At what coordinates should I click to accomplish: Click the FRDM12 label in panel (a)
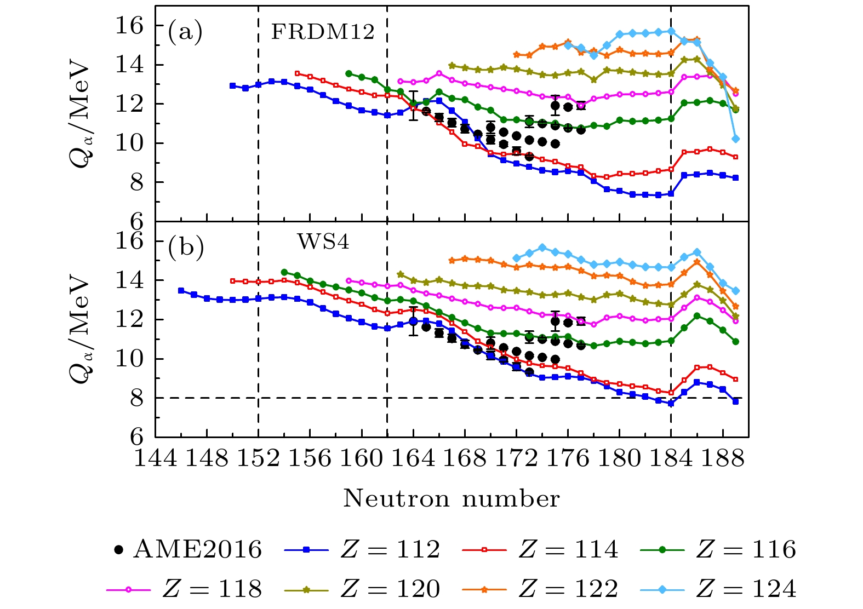[323, 32]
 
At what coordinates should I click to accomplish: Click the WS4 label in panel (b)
[323, 242]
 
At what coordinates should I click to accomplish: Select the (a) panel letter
[185, 32]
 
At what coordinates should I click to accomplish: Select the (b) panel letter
[186, 248]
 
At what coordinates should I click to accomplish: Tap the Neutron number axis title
[451, 499]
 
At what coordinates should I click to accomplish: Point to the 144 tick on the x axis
[156, 458]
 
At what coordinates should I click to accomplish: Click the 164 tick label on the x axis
[414, 458]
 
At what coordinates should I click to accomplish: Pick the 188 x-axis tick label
[723, 458]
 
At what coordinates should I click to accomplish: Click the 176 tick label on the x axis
[568, 458]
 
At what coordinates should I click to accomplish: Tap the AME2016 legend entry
[187, 549]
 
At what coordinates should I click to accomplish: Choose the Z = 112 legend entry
[362, 549]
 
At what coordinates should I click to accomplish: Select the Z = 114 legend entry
[540, 549]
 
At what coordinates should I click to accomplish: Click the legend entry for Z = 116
[718, 549]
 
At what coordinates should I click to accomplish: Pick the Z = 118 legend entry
[184, 589]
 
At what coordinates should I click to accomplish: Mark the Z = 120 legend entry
[362, 589]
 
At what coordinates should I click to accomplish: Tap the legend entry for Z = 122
[540, 589]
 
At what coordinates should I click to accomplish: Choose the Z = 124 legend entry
[718, 589]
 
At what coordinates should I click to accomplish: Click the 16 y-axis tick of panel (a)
[129, 26]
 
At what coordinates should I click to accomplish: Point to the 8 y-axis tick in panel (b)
[136, 398]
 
